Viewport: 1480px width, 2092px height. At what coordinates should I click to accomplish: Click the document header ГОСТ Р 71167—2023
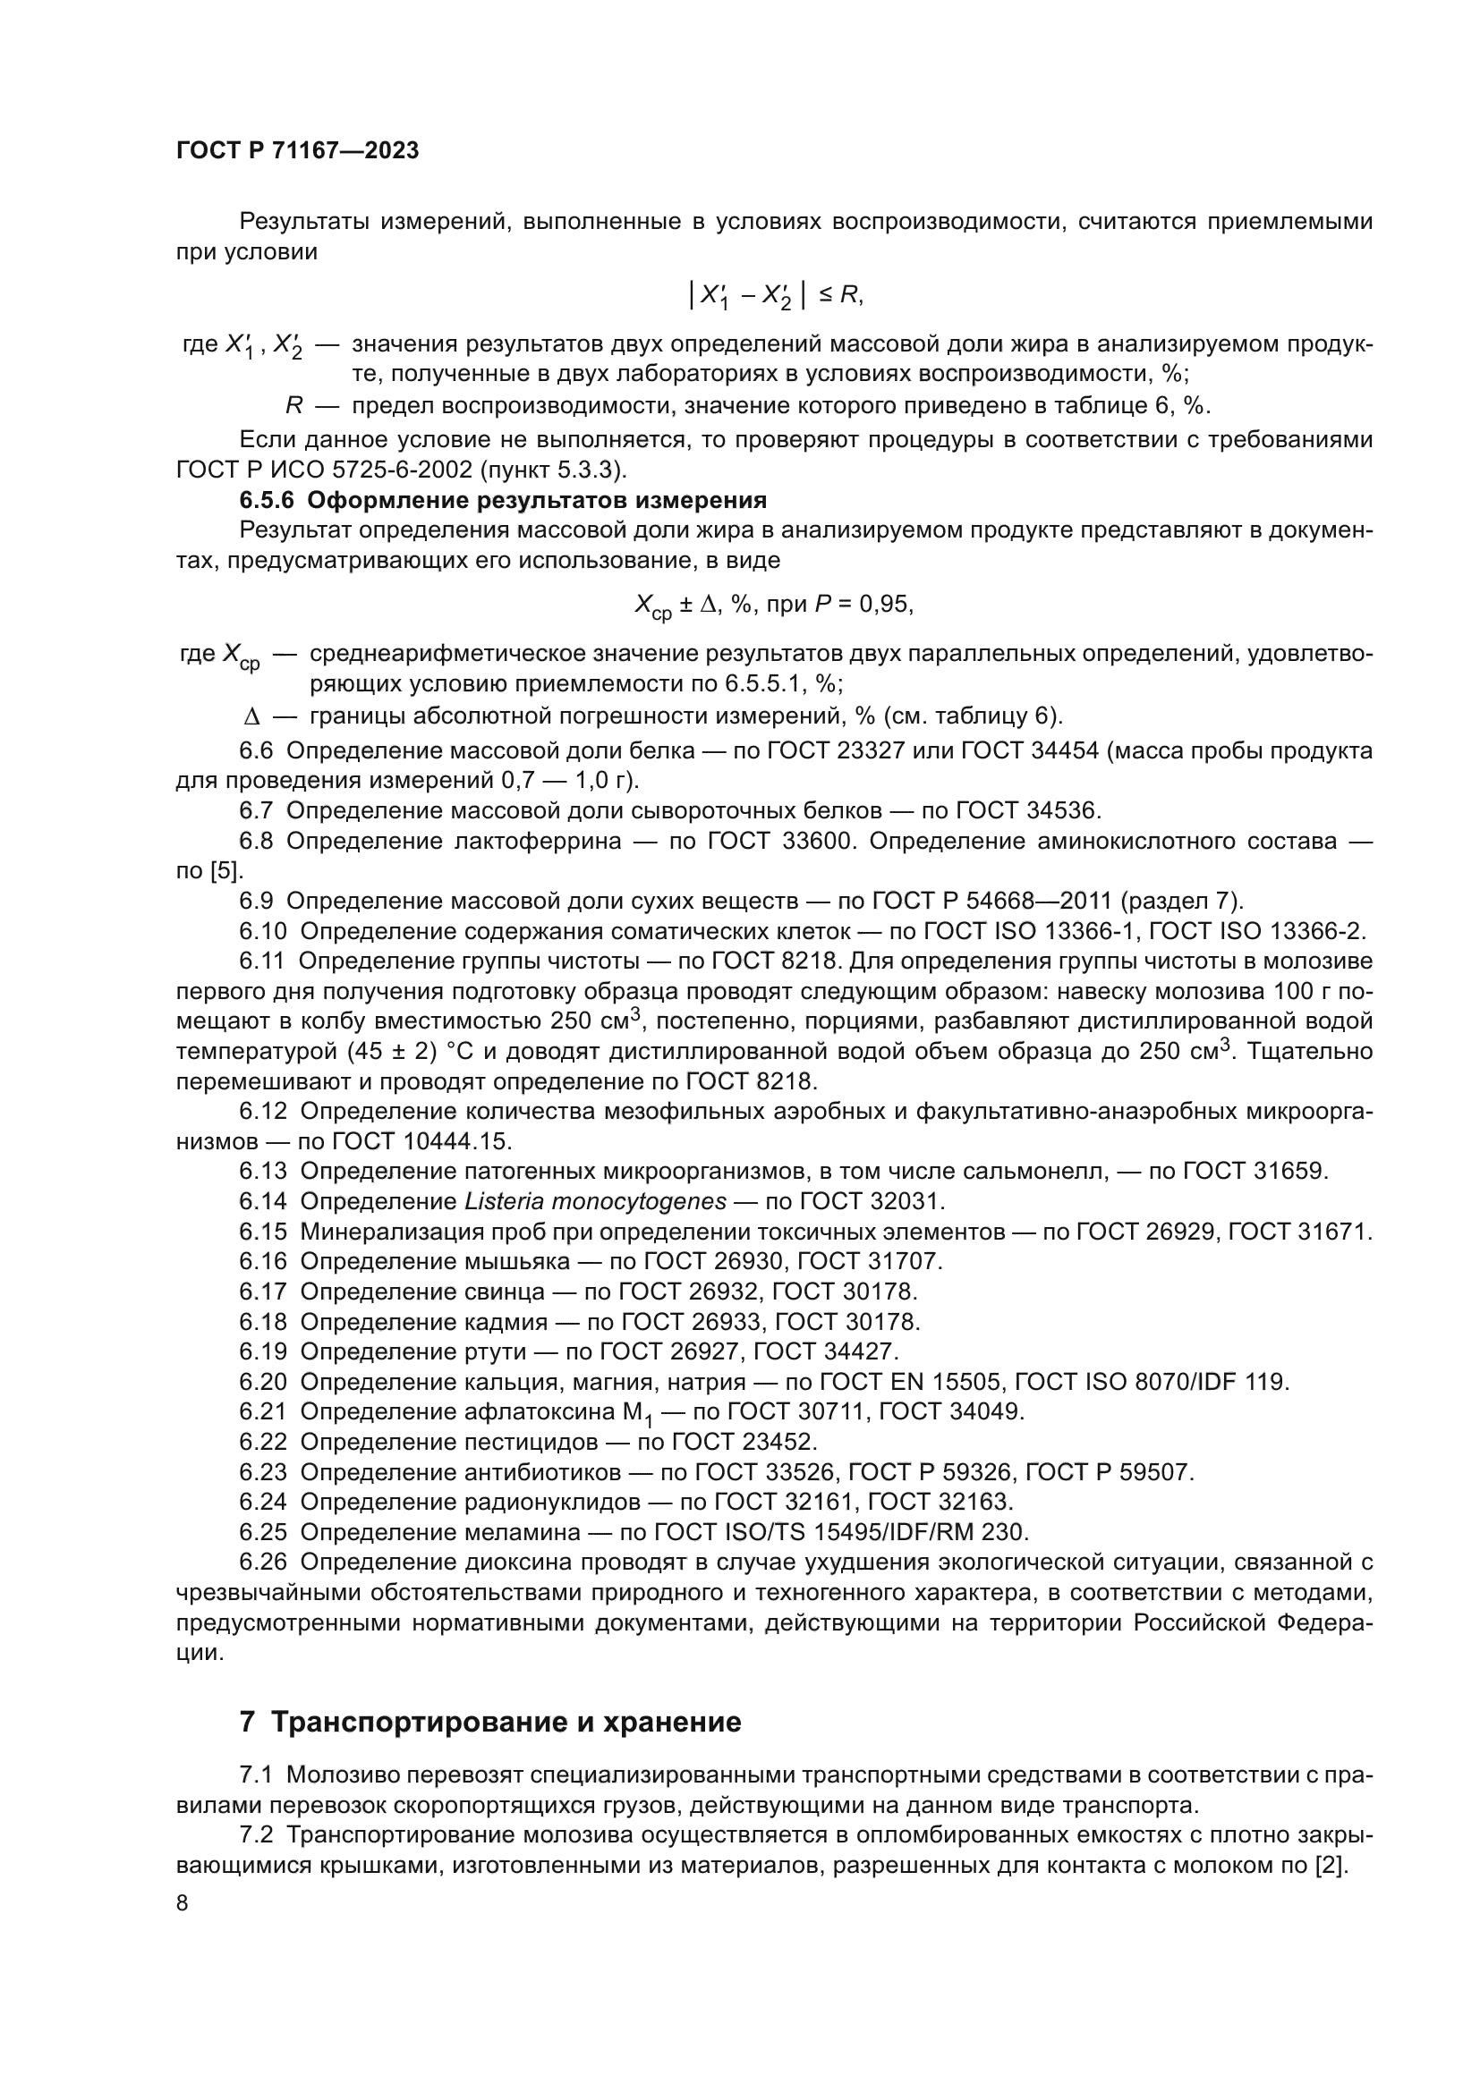pos(297,151)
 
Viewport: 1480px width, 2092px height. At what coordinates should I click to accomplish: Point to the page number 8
pos(183,1902)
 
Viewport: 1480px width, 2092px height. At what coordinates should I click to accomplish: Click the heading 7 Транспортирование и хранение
pos(490,1722)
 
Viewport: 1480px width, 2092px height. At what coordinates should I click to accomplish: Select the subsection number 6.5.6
pos(267,500)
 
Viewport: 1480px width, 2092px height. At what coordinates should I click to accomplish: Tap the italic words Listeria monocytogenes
pos(595,1201)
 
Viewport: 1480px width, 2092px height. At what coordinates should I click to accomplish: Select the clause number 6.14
pos(262,1201)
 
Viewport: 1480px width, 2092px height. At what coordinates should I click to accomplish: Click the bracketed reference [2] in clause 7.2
pos(1331,1864)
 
